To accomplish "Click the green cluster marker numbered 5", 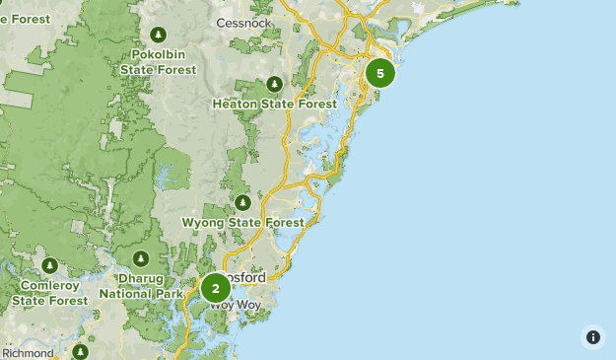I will pyautogui.click(x=379, y=73).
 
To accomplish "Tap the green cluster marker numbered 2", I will pyautogui.click(x=215, y=289).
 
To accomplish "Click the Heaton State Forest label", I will pyautogui.click(x=274, y=103).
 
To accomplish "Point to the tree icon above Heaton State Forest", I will pyautogui.click(x=274, y=83).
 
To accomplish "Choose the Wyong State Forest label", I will pyautogui.click(x=242, y=223).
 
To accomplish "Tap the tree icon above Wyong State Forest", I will pyautogui.click(x=242, y=203).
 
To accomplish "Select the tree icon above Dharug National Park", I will pyautogui.click(x=141, y=258).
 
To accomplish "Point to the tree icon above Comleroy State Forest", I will pyautogui.click(x=49, y=265).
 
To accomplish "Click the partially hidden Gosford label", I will pyautogui.click(x=248, y=278).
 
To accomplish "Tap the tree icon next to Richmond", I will pyautogui.click(x=81, y=351).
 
